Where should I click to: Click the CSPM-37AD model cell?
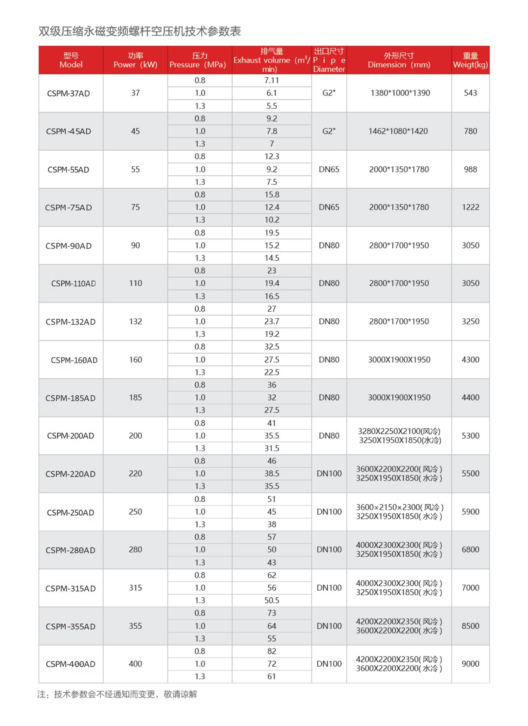pos(69,93)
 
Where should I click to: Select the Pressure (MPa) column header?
pos(199,60)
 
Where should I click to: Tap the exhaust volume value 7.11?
pos(272,80)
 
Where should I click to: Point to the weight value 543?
pos(470,93)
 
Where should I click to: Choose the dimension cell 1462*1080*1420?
pos(398,131)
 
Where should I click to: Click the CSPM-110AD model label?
pos(73,284)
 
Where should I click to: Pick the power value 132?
pos(135,322)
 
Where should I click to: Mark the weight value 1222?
pos(470,207)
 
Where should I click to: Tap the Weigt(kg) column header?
pos(470,60)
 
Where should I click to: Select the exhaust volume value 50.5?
pos(272,600)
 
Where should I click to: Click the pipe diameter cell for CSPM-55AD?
pos(329,169)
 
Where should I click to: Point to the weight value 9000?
pos(470,664)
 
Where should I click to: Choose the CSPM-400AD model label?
pos(71,664)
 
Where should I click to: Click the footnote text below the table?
pos(117,694)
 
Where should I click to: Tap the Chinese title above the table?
pos(139,32)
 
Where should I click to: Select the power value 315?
pos(135,588)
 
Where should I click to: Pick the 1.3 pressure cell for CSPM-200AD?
pos(200,448)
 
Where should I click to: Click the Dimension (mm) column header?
pos(399,60)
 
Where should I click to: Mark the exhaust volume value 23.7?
pos(272,322)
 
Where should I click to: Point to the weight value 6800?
pos(470,550)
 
